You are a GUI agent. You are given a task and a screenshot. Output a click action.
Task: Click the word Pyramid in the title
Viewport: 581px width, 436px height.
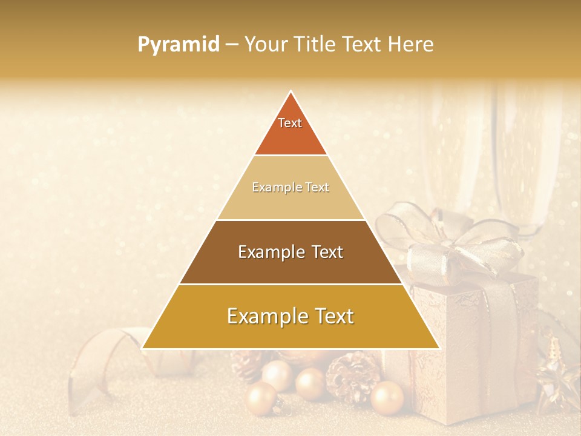click(x=178, y=45)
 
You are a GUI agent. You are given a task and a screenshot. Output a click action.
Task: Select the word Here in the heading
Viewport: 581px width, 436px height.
click(x=412, y=44)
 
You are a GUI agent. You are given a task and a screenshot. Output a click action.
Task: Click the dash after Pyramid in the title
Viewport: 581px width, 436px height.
click(x=231, y=45)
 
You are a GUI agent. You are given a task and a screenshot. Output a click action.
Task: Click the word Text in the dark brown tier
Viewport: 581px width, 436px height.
click(x=323, y=252)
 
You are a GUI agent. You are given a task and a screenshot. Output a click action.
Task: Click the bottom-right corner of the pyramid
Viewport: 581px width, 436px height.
click(x=438, y=348)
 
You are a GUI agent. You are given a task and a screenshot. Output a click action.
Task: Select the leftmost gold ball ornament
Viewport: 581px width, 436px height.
click(x=261, y=399)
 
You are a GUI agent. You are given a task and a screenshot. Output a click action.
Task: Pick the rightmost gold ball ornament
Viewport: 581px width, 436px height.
click(x=387, y=398)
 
